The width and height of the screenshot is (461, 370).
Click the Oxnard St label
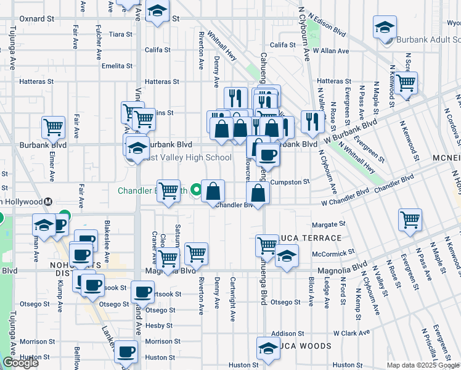[x=36, y=18]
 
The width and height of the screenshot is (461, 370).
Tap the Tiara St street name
[x=120, y=34]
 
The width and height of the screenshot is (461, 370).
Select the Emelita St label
[x=117, y=66]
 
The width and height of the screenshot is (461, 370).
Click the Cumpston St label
[x=289, y=182]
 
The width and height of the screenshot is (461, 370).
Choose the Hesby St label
[x=159, y=325]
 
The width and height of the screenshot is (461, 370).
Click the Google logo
[x=20, y=363]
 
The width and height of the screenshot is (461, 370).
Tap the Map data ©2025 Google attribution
[x=423, y=365]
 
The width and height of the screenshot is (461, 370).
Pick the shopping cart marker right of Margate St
[x=410, y=220]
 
